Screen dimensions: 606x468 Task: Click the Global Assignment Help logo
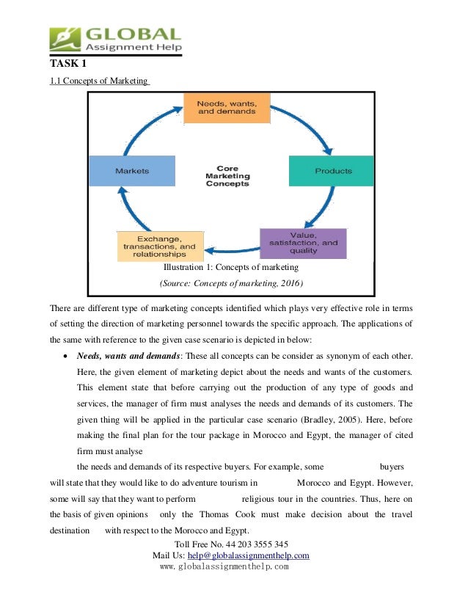[x=115, y=39]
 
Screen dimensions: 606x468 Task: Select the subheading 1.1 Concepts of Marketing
[x=99, y=81]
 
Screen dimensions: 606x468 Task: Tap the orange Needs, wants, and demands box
[x=227, y=108]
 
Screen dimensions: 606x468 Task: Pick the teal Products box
[x=333, y=171]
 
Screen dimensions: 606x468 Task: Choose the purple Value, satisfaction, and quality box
[x=304, y=243]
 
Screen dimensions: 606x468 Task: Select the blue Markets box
[x=132, y=171]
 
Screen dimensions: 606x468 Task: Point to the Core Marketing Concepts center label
[x=227, y=176]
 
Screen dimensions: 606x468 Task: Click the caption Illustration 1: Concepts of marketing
[x=231, y=267]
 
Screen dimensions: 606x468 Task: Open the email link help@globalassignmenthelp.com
[x=257, y=555]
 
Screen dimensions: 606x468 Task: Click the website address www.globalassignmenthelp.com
[x=224, y=566]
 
